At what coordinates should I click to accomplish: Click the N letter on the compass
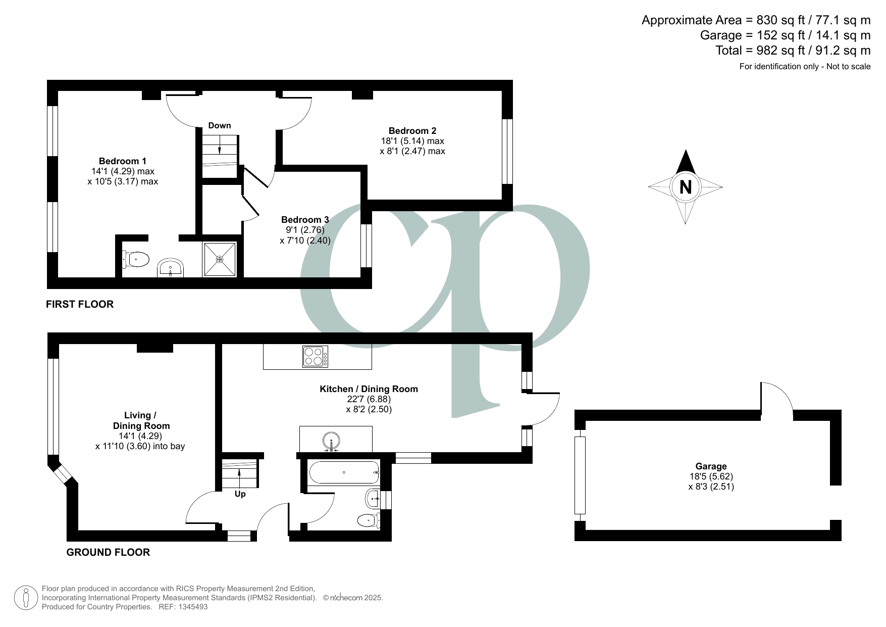685,187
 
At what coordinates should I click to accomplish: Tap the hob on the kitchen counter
315,356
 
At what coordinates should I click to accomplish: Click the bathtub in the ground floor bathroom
343,472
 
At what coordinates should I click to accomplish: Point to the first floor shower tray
220,260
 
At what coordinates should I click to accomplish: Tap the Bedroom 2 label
412,131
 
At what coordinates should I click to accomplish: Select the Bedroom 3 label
305,220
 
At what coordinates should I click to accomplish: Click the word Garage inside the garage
711,466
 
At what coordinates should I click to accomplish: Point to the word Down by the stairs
220,125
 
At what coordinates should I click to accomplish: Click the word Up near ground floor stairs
240,494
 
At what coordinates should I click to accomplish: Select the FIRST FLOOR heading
80,304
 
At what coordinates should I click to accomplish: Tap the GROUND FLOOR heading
108,552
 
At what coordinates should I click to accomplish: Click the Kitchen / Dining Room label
369,389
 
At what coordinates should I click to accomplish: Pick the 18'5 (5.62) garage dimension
711,476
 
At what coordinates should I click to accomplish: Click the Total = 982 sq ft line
793,51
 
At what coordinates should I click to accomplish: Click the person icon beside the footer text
26,598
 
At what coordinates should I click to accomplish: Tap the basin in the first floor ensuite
171,268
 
